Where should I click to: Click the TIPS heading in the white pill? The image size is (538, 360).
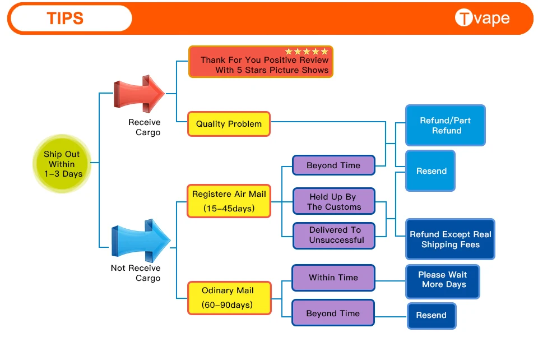(x=65, y=18)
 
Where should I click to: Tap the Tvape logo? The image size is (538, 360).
(x=482, y=18)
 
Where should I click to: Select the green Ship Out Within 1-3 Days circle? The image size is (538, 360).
(x=62, y=164)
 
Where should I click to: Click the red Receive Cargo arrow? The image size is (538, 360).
(x=139, y=94)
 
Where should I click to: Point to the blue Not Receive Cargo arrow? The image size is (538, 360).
(x=141, y=240)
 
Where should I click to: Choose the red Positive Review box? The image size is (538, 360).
(x=261, y=62)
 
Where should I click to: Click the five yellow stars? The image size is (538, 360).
(x=307, y=52)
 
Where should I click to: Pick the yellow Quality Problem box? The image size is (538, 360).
(x=229, y=124)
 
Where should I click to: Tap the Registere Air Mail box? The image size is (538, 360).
(x=229, y=201)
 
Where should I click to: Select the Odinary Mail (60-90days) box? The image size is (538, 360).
(x=229, y=298)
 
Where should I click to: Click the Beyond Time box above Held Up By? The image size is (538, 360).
(x=333, y=165)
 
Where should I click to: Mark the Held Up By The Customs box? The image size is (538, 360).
(x=334, y=201)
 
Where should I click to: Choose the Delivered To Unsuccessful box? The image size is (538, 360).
(x=334, y=236)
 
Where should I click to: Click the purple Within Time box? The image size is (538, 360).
(x=333, y=278)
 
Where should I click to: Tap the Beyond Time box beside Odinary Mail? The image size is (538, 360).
(x=333, y=313)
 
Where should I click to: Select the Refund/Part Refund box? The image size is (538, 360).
(x=446, y=125)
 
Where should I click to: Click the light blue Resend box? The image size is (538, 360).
(x=430, y=170)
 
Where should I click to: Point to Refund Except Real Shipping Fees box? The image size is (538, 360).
(x=450, y=239)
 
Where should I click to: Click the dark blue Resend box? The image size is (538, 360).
(x=432, y=316)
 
